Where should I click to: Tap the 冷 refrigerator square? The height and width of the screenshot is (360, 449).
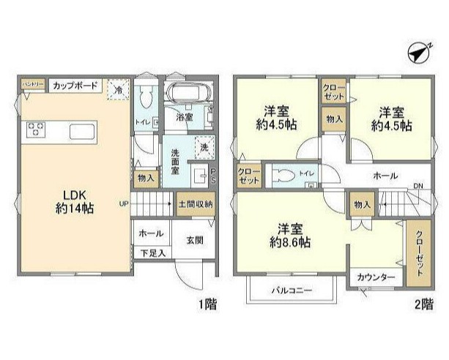[117, 89]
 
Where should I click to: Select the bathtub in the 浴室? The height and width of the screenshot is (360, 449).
[188, 94]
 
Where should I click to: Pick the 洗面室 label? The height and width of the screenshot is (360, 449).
[177, 161]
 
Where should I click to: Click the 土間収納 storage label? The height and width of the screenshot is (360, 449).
[195, 203]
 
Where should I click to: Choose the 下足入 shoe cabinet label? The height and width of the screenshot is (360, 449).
[152, 252]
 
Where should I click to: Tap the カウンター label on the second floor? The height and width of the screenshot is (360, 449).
[376, 278]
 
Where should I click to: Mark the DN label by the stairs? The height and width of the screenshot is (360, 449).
[418, 187]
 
